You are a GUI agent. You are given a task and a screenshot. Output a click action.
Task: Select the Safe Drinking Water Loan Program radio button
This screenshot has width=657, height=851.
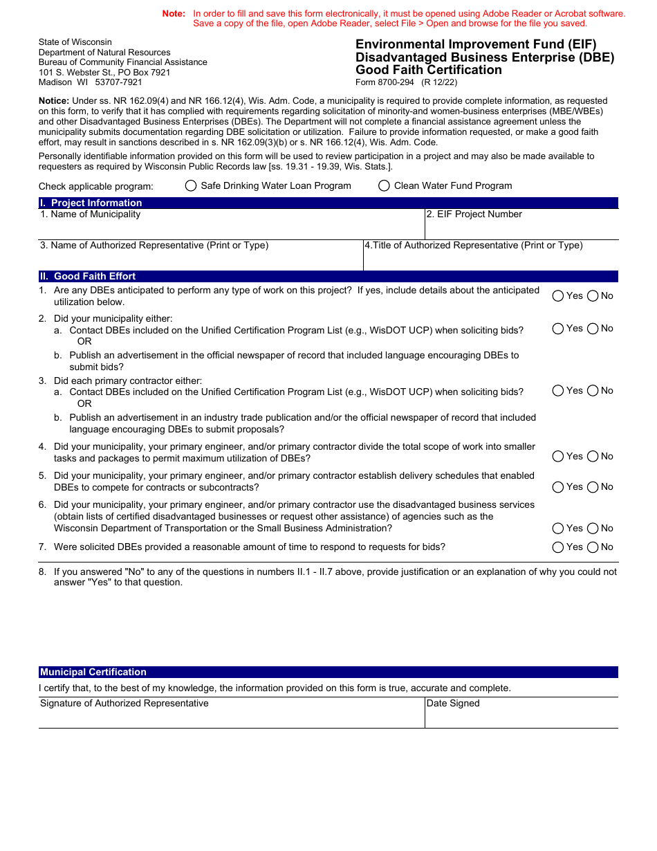pyautogui.click(x=191, y=185)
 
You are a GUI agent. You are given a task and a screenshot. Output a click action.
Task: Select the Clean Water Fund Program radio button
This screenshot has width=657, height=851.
pyautogui.click(x=384, y=185)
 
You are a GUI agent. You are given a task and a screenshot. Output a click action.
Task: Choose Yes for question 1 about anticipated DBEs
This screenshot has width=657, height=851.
pyautogui.click(x=558, y=296)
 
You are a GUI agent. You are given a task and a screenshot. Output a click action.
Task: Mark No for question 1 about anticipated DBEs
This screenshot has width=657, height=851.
pyautogui.click(x=593, y=296)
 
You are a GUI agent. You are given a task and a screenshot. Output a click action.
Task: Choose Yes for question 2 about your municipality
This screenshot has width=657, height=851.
pyautogui.click(x=558, y=329)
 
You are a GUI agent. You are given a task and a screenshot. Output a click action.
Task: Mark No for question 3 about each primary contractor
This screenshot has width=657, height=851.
pyautogui.click(x=593, y=391)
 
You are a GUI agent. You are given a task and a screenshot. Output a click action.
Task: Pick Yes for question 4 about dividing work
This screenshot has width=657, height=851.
pyautogui.click(x=558, y=457)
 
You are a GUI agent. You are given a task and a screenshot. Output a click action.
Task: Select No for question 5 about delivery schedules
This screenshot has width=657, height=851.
pyautogui.click(x=593, y=487)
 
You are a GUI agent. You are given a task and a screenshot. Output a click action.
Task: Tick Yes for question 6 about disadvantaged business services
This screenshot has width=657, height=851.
pyautogui.click(x=558, y=529)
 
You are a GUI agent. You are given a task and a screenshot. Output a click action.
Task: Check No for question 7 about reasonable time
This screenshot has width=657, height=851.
pyautogui.click(x=593, y=547)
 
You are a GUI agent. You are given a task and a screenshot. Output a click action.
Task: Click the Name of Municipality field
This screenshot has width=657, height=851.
pyautogui.click(x=231, y=228)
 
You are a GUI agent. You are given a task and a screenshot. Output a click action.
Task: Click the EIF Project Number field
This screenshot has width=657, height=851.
pyautogui.click(x=521, y=228)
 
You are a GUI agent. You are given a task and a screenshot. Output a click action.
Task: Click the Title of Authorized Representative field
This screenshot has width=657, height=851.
pyautogui.click(x=490, y=260)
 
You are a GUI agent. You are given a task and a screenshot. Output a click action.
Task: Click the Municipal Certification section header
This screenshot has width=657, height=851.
pyautogui.click(x=93, y=672)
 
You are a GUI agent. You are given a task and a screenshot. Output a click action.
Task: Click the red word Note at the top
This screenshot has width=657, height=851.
pyautogui.click(x=174, y=14)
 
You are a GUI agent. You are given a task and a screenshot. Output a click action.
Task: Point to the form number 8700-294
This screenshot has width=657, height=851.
pyautogui.click(x=397, y=82)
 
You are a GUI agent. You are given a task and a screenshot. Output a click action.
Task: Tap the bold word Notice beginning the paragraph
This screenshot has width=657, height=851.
pyautogui.click(x=54, y=101)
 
